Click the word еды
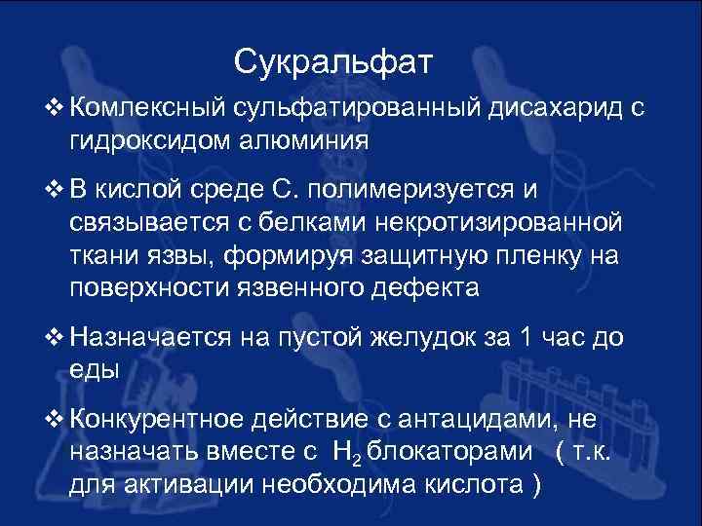(x=95, y=369)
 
